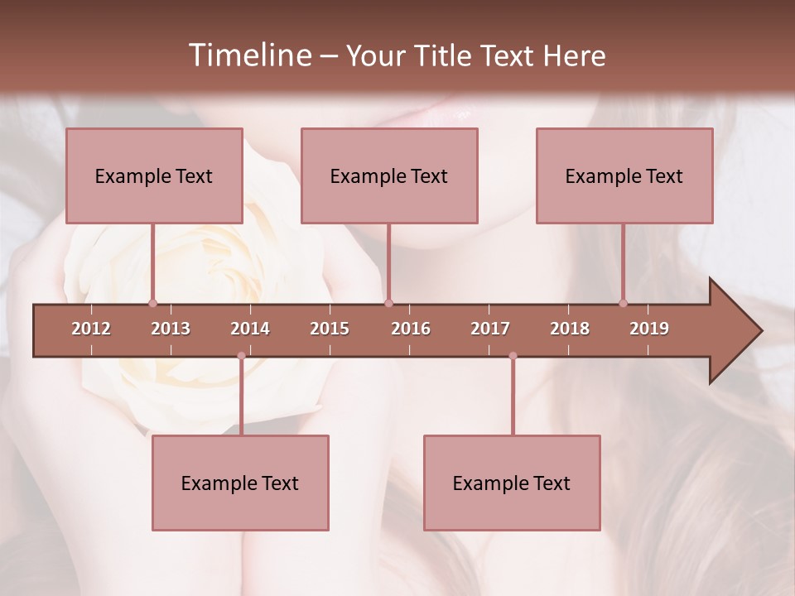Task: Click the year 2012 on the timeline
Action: [91, 329]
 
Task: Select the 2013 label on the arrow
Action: [171, 329]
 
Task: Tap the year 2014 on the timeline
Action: [250, 329]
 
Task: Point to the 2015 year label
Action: [330, 329]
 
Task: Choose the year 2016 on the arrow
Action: [411, 329]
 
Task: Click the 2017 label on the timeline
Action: [490, 329]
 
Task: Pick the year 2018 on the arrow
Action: [570, 329]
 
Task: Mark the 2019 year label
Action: [649, 329]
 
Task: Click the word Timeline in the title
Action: [248, 55]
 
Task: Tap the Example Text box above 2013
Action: [154, 175]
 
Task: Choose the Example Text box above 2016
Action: [389, 175]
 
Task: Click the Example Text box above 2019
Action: [624, 175]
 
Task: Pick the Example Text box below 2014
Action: [240, 483]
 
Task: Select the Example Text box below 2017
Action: [512, 483]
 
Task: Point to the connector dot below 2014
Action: [241, 356]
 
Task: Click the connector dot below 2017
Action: [513, 356]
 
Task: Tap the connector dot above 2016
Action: [388, 303]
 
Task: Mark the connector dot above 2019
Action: [624, 303]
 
